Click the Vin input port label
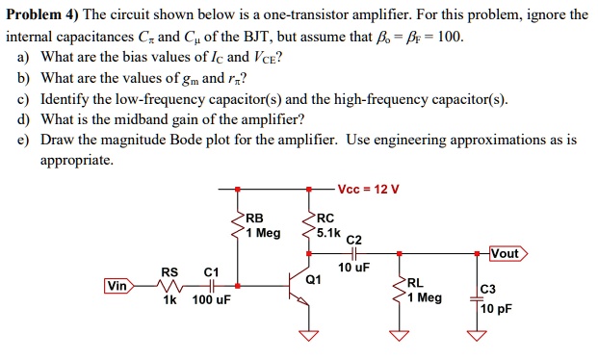click(x=118, y=286)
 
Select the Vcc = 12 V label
click(x=368, y=188)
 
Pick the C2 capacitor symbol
click(x=353, y=254)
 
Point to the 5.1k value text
click(x=328, y=232)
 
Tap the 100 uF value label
click(x=212, y=301)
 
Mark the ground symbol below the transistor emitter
click(x=308, y=336)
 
